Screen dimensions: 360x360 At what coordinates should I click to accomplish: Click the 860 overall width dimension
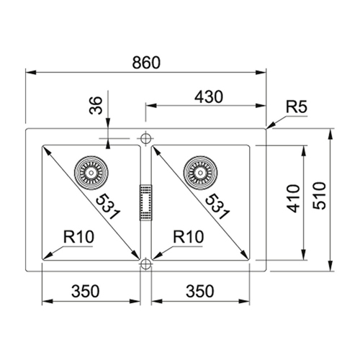(146, 63)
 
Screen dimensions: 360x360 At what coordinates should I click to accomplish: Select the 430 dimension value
(209, 97)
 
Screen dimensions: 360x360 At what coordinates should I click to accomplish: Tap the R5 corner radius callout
(297, 107)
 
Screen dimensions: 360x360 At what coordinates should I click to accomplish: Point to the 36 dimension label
(96, 105)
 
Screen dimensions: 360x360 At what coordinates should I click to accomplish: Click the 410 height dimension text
(294, 199)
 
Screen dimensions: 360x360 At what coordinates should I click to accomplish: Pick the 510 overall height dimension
(320, 196)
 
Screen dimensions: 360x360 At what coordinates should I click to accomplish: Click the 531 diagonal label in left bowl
(107, 207)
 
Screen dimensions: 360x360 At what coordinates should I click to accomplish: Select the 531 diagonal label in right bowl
(217, 207)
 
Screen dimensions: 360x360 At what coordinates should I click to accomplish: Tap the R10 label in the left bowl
(78, 237)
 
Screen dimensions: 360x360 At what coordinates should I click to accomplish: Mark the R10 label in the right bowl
(189, 237)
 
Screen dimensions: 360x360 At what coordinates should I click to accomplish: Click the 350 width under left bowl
(85, 291)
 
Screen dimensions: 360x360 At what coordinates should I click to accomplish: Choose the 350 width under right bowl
(199, 291)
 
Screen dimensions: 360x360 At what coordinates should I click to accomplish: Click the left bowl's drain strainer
(91, 173)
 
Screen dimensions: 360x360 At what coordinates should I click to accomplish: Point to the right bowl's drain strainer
(200, 173)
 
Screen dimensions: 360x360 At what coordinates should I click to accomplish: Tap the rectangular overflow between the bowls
(146, 202)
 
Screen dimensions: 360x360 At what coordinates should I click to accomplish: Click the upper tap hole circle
(145, 138)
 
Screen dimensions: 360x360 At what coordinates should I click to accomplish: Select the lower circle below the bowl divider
(145, 264)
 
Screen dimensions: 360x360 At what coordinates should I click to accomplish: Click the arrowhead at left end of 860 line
(31, 72)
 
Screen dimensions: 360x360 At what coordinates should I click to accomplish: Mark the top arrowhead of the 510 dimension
(330, 134)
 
